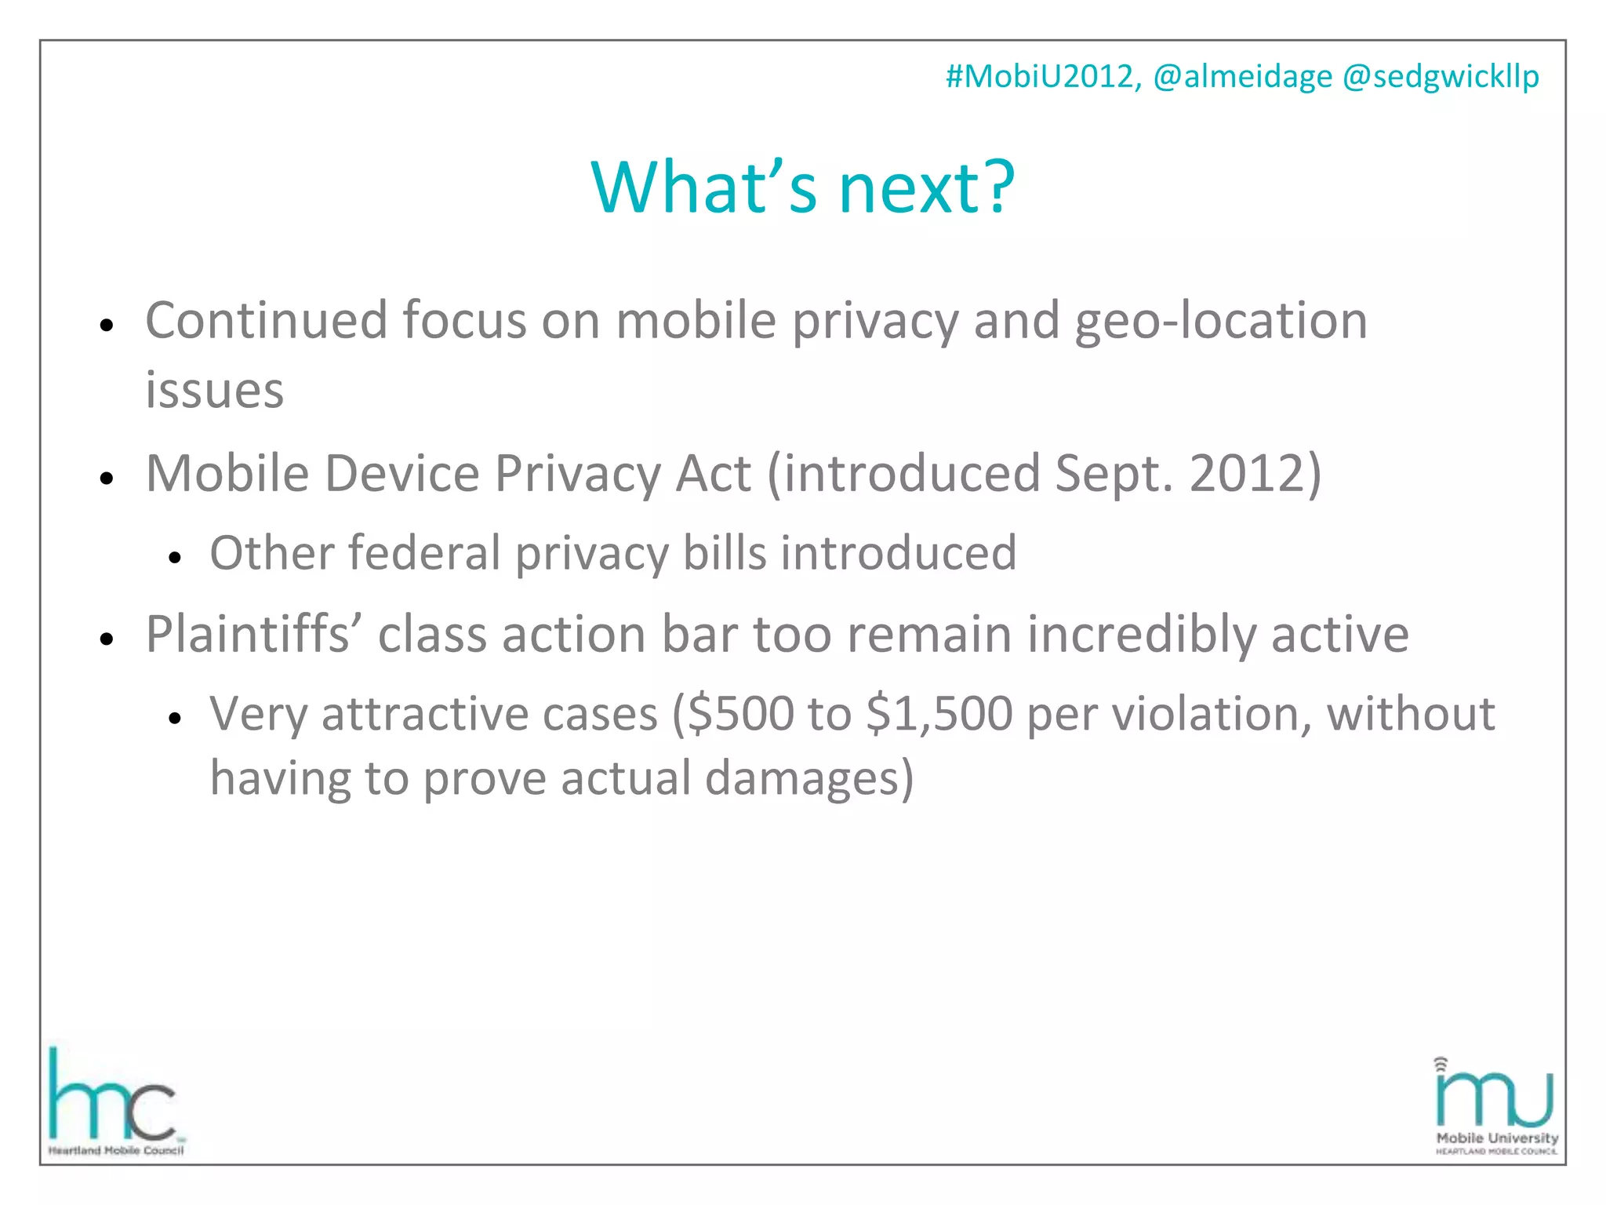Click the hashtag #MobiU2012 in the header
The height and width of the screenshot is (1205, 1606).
[x=1042, y=77]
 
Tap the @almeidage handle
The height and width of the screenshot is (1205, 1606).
[x=1242, y=77]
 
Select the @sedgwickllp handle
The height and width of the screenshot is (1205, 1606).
[x=1441, y=77]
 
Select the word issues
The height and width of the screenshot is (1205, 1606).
[x=214, y=391]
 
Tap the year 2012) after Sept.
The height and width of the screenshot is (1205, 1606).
[x=1255, y=474]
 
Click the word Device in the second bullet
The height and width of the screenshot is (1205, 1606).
[x=401, y=474]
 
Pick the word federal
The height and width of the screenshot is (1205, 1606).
[x=425, y=553]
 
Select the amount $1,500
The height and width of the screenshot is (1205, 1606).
[x=939, y=714]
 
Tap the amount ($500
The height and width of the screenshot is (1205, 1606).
[x=733, y=714]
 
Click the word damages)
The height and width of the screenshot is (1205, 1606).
[x=809, y=778]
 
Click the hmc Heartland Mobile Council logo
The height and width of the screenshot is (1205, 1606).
[x=115, y=1102]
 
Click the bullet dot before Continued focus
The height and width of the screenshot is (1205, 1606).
[x=107, y=325]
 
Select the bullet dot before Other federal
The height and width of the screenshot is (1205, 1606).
[x=175, y=558]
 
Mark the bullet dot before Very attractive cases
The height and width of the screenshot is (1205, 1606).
[x=175, y=718]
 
